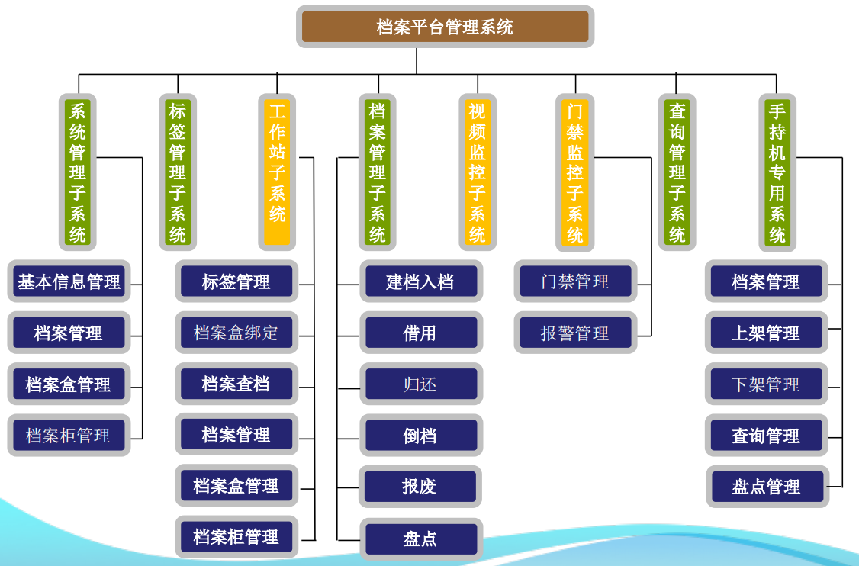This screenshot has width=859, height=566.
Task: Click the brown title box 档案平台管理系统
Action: click(x=445, y=27)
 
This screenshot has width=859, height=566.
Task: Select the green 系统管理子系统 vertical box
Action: click(x=78, y=172)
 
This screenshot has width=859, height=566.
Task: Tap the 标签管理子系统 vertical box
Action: click(x=178, y=172)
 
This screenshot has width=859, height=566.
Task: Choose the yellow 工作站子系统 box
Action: click(x=277, y=172)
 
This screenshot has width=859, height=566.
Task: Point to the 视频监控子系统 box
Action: click(x=478, y=172)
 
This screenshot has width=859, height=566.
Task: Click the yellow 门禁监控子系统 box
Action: click(x=575, y=172)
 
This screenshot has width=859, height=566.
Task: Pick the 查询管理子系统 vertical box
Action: click(x=677, y=172)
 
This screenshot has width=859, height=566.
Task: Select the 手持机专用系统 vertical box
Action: click(x=777, y=172)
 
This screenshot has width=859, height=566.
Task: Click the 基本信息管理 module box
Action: click(x=69, y=282)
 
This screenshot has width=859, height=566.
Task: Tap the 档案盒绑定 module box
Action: click(x=236, y=333)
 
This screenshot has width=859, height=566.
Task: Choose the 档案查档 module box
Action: click(x=236, y=384)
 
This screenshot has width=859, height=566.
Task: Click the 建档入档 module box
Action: click(x=420, y=281)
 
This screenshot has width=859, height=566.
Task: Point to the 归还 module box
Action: click(x=420, y=384)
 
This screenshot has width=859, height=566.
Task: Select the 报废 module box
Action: click(x=420, y=486)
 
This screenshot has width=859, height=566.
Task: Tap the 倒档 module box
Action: click(x=420, y=436)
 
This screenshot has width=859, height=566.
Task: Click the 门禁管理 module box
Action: click(x=575, y=281)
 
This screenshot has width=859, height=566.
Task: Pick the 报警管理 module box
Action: click(x=575, y=333)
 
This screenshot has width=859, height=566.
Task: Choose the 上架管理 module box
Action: click(x=766, y=333)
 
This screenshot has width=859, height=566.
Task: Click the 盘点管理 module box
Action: click(x=767, y=486)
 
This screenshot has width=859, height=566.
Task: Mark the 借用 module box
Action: click(x=420, y=333)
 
